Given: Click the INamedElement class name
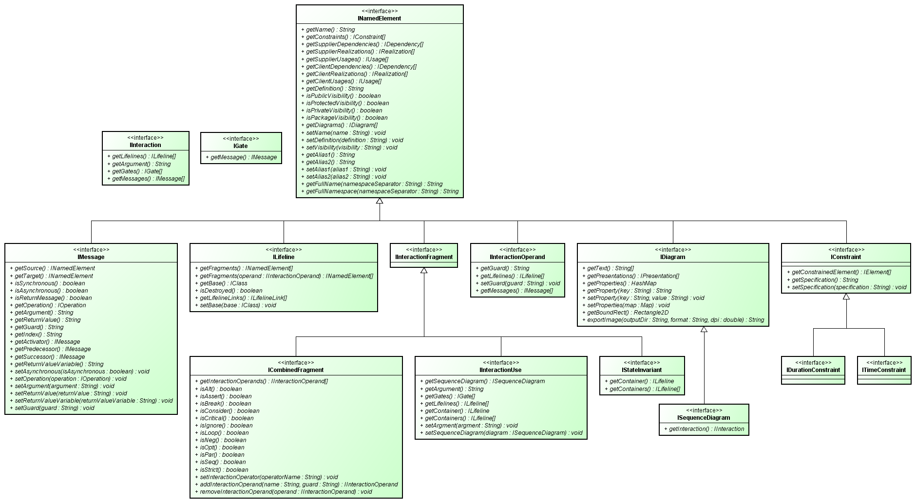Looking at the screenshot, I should (379, 19).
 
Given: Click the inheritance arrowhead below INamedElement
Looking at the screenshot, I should (380, 201).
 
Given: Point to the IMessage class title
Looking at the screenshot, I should (91, 257).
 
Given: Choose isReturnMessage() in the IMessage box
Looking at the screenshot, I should (53, 298).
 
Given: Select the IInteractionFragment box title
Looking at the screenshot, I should (424, 257).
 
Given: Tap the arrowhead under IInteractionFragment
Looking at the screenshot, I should (424, 270).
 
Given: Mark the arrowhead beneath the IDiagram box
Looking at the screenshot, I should (704, 329).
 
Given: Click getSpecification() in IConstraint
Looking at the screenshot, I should (822, 280).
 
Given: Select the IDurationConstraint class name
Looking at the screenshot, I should (813, 370).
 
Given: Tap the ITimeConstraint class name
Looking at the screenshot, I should (884, 370).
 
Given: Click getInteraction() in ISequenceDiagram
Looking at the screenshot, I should (704, 429).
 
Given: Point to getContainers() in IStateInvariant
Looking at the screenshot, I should (643, 389).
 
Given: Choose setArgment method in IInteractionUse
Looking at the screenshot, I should (471, 426).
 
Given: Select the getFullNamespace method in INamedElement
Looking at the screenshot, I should (382, 191).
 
